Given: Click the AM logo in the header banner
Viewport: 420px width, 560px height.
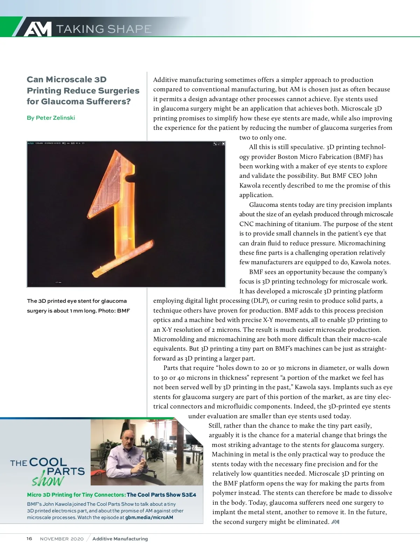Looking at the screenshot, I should (x=38, y=29).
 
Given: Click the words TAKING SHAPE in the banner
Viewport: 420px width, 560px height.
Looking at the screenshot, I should (x=104, y=29).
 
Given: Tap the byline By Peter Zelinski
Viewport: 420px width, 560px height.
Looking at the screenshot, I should (x=51, y=118).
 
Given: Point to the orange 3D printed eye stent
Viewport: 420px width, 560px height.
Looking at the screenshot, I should (x=119, y=210).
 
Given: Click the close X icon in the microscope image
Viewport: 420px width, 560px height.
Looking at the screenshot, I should (x=223, y=144).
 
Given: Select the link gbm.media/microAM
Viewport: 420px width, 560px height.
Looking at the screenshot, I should (x=149, y=517).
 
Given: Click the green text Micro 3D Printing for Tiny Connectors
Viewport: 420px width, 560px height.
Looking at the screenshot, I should (x=76, y=495).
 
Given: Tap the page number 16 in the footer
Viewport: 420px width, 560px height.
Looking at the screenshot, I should (x=29, y=539).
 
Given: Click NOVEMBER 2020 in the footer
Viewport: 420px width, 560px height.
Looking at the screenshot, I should (x=62, y=539).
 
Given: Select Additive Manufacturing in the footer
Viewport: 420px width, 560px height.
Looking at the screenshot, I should (x=120, y=539).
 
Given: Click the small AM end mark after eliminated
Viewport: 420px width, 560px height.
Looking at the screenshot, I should (x=335, y=522).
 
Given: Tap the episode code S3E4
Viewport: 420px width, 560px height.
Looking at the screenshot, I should (x=189, y=495).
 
